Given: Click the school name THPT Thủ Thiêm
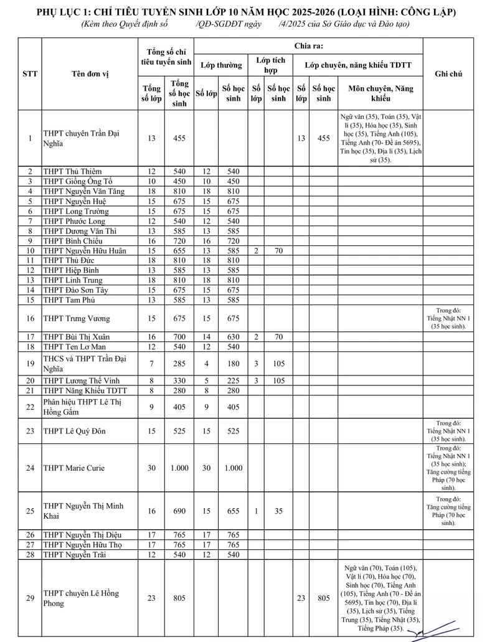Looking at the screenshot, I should click(72, 171).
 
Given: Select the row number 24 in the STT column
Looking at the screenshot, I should click(30, 468).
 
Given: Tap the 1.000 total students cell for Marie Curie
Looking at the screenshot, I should click(179, 468).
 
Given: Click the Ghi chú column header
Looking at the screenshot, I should click(448, 73).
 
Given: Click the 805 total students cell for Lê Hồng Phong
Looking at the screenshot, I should click(179, 598).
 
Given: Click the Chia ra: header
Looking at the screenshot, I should click(308, 46).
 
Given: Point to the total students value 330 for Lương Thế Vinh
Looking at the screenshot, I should click(179, 380).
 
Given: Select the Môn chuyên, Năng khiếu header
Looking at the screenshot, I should click(381, 93).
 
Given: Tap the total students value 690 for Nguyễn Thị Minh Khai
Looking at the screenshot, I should click(179, 511).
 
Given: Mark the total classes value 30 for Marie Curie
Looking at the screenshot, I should click(151, 468).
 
